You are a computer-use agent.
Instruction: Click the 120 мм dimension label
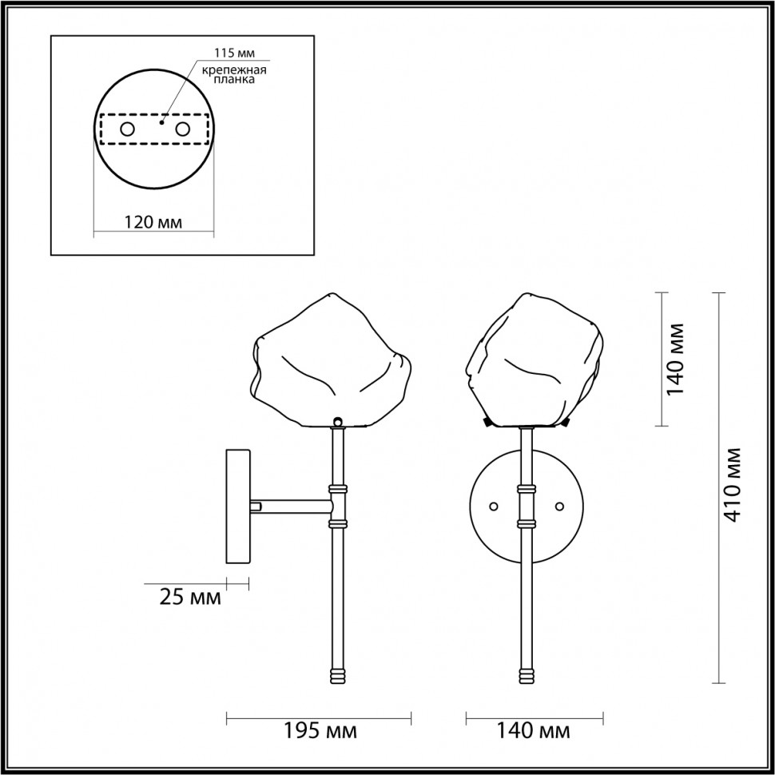(x=153, y=222)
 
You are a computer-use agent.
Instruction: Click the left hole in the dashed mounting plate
(x=127, y=129)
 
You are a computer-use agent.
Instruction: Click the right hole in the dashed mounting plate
(x=183, y=129)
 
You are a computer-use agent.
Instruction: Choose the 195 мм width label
(x=320, y=730)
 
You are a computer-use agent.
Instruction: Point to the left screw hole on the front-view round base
(x=493, y=507)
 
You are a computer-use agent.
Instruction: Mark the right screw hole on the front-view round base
(x=559, y=507)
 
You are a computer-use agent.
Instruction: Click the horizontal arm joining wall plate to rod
(x=292, y=506)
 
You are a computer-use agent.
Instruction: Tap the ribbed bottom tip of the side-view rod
(x=337, y=675)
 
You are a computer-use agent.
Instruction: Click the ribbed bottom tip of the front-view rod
(x=527, y=675)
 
